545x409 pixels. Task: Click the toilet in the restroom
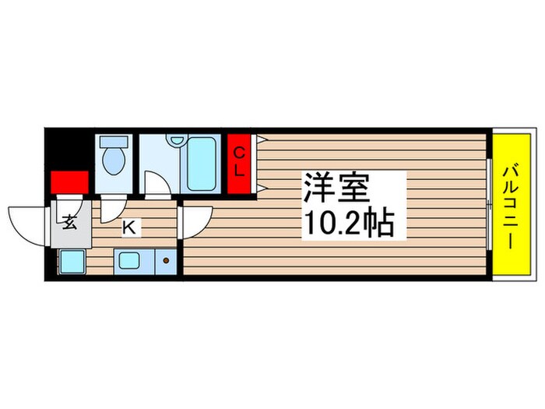click(114, 160)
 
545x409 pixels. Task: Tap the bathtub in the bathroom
click(201, 164)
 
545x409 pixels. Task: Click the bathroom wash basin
click(175, 141)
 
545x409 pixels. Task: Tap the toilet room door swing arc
click(111, 207)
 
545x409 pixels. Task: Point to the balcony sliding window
click(490, 204)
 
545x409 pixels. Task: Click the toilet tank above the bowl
click(114, 143)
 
